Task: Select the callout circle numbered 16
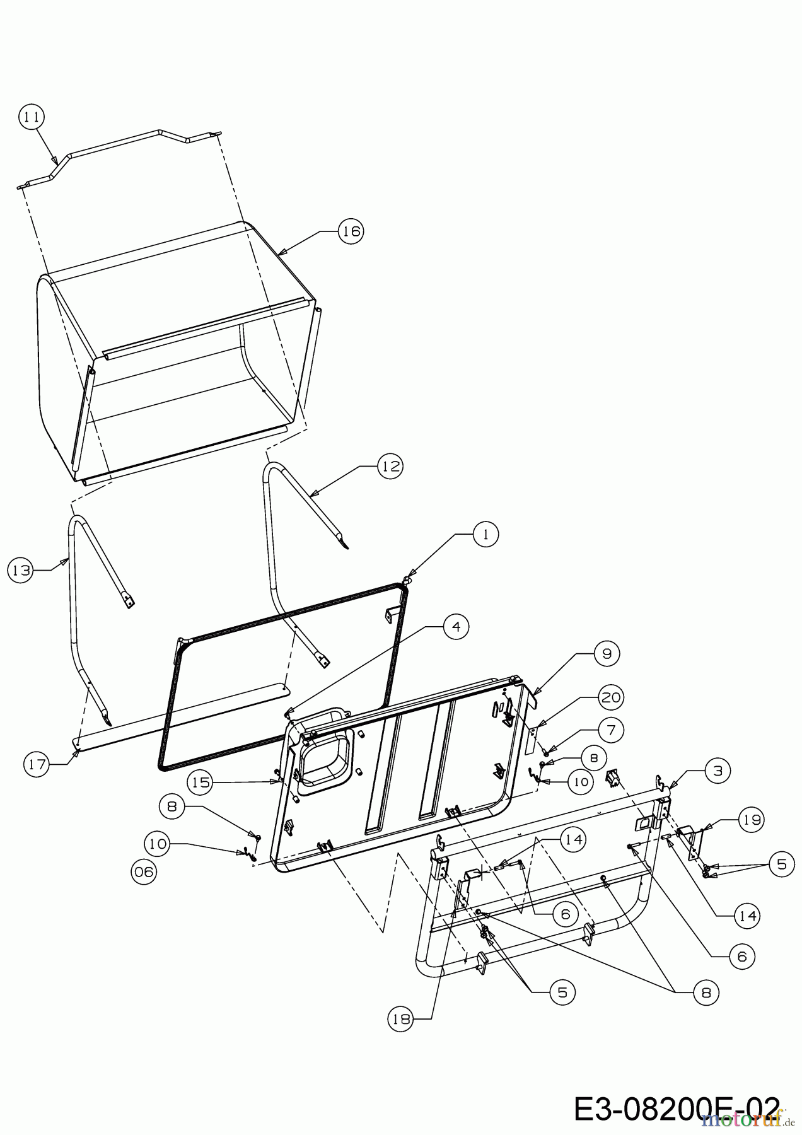pyautogui.click(x=351, y=231)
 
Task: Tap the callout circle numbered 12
pyautogui.click(x=390, y=466)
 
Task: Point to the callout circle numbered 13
pyautogui.click(x=21, y=570)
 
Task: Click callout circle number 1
pyautogui.click(x=485, y=535)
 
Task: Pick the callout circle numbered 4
pyautogui.click(x=456, y=626)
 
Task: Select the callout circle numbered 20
pyautogui.click(x=610, y=697)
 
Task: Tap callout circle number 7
pyautogui.click(x=610, y=730)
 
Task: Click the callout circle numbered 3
pyautogui.click(x=718, y=770)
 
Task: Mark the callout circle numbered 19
pyautogui.click(x=750, y=820)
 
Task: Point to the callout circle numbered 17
pyautogui.click(x=37, y=764)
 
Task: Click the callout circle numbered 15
pyautogui.click(x=200, y=782)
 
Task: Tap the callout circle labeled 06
pyautogui.click(x=144, y=871)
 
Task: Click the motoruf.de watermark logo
pyautogui.click(x=744, y=1120)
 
